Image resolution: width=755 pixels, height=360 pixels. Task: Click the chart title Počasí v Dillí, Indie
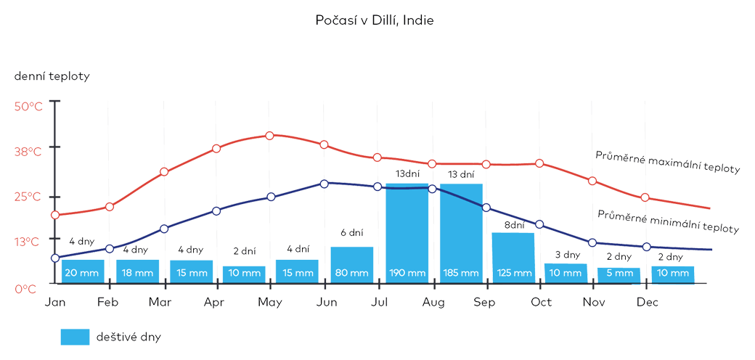(375, 20)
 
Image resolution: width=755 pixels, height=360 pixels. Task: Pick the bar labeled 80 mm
(352, 265)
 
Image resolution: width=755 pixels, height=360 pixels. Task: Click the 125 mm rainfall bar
(513, 258)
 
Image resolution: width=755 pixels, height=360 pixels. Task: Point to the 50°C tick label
(29, 107)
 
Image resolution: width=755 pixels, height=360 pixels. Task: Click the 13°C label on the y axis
(29, 242)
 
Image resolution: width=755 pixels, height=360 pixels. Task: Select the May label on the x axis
(270, 303)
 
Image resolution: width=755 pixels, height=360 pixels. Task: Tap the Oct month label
(541, 303)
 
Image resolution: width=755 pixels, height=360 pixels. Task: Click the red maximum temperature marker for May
(270, 136)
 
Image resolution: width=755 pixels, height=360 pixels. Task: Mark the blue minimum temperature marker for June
(325, 184)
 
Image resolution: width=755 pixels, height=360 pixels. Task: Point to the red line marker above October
(539, 163)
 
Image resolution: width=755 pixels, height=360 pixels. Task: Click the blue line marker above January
(55, 258)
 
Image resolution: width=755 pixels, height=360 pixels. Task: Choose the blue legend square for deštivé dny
(75, 337)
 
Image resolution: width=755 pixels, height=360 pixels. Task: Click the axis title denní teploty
(52, 76)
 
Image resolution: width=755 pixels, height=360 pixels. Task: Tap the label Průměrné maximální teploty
(667, 162)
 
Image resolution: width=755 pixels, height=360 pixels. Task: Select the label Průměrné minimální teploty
(668, 221)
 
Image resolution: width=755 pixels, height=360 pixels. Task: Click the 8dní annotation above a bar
(513, 226)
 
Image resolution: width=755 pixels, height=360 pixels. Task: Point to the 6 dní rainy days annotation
(351, 233)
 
